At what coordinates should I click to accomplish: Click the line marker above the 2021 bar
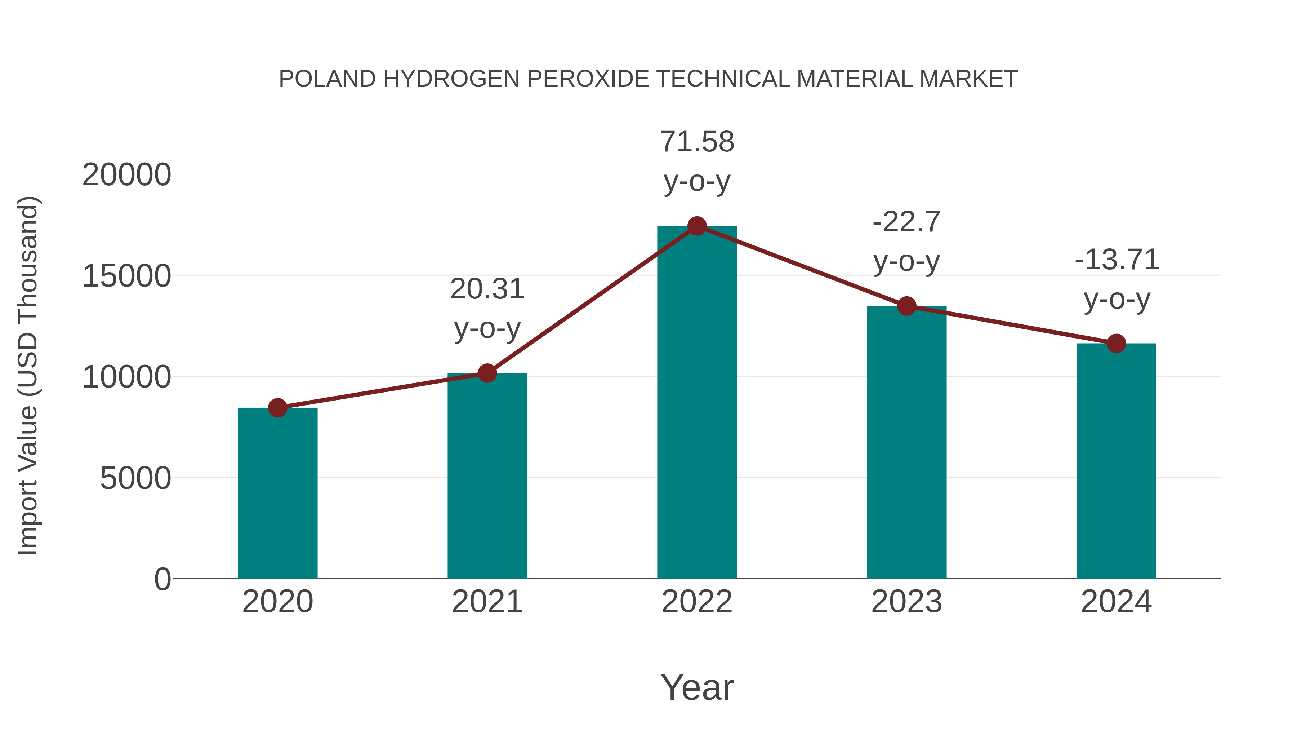[x=487, y=373]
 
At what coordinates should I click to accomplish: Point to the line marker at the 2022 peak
[x=697, y=226]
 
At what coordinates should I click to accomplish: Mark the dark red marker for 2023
[x=906, y=306]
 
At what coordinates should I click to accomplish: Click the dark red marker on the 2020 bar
[x=277, y=408]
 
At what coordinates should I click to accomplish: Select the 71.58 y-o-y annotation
[x=697, y=161]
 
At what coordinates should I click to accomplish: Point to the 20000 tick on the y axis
[x=126, y=175]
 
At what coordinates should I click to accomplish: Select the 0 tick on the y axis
[x=162, y=579]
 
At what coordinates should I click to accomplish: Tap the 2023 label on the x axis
[x=906, y=602]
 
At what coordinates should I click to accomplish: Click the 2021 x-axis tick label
[x=487, y=602]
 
